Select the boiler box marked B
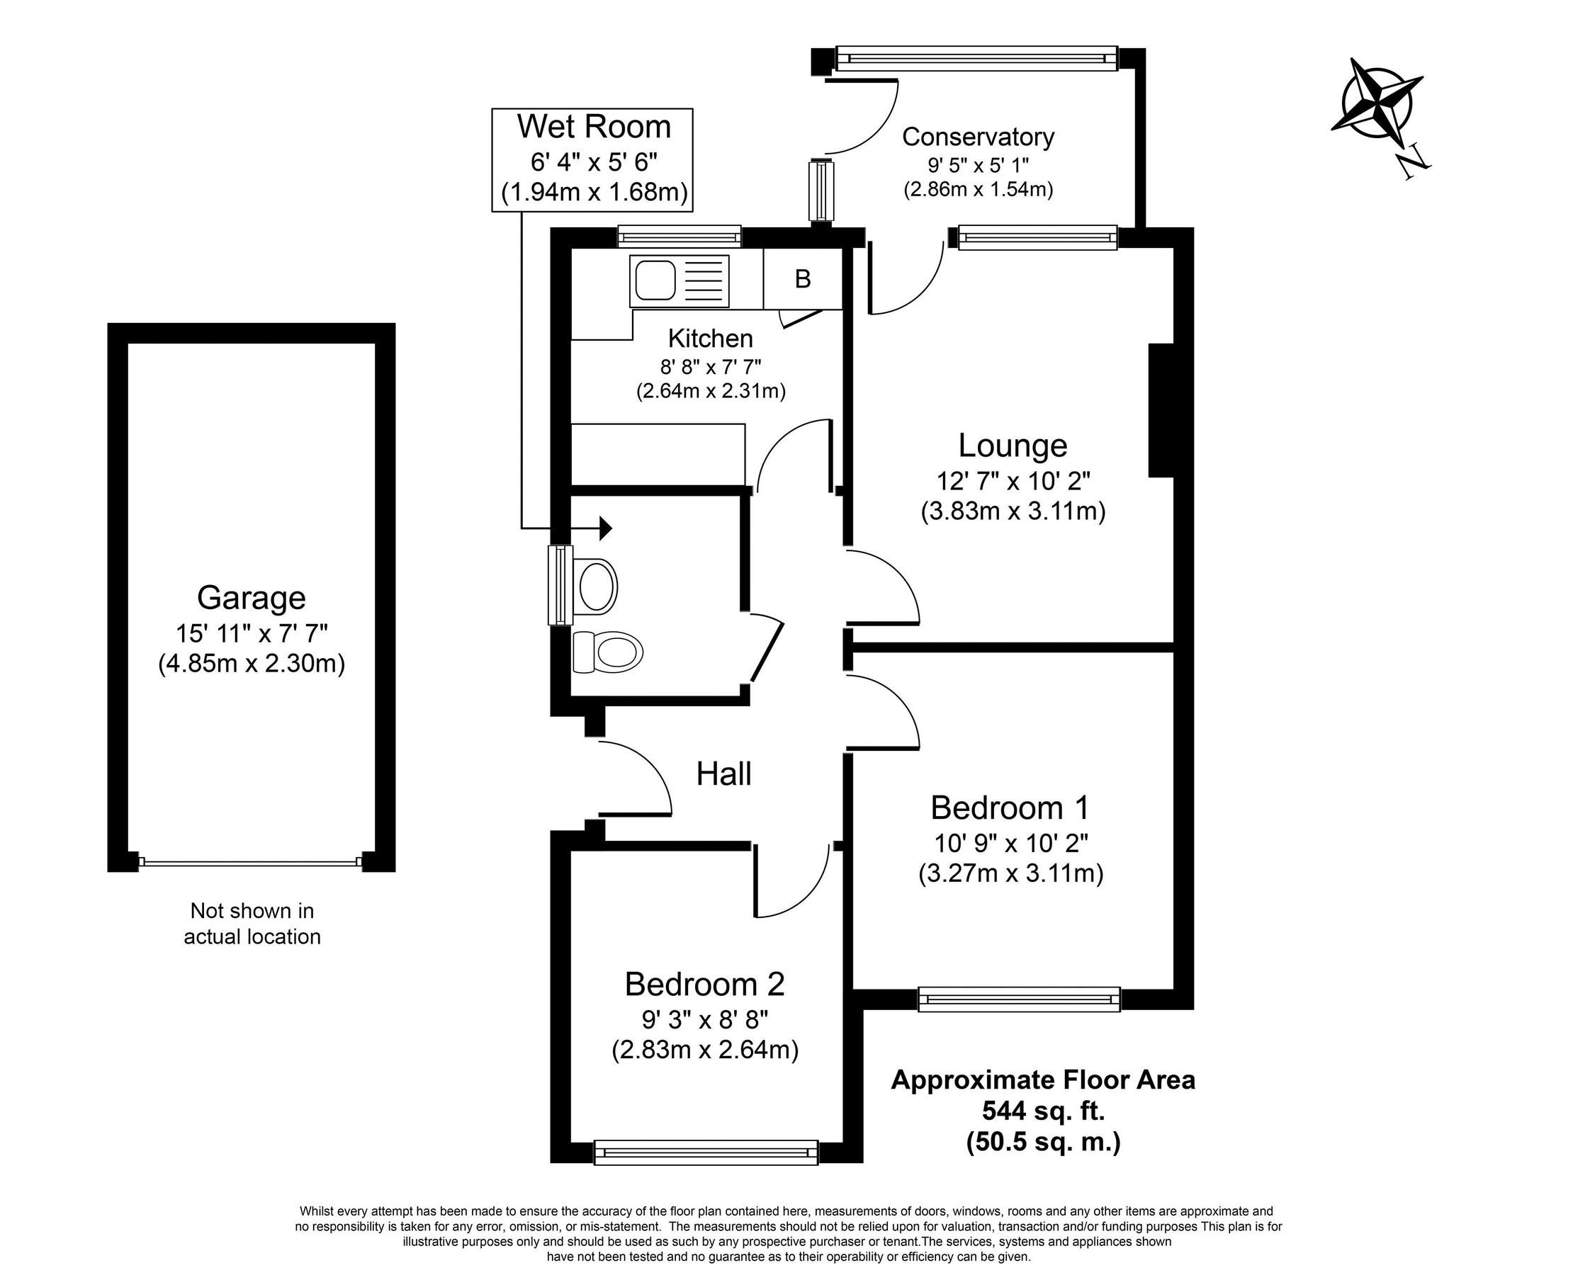click(x=802, y=280)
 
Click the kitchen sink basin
click(x=653, y=280)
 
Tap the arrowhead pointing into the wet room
click(x=606, y=528)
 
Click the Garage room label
click(x=252, y=597)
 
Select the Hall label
click(x=723, y=774)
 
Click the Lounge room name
click(x=1013, y=446)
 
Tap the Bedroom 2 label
click(x=704, y=984)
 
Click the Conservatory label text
click(x=978, y=137)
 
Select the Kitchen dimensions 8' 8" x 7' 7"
click(x=710, y=365)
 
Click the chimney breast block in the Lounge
click(x=1161, y=410)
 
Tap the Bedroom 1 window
click(x=1018, y=999)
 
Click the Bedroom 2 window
click(x=706, y=1152)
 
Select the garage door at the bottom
click(x=252, y=861)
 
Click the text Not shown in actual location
click(x=252, y=923)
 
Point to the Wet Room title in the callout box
click(x=594, y=127)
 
